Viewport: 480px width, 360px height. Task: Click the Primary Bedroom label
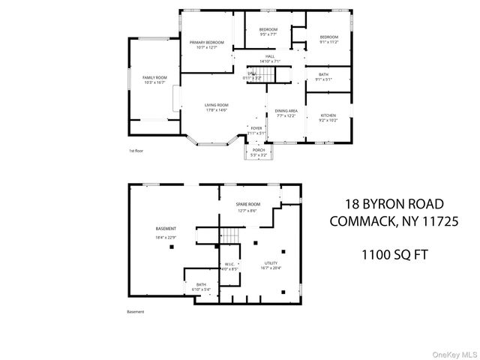click(x=208, y=43)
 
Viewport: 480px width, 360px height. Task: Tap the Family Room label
click(x=154, y=78)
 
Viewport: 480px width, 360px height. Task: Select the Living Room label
click(x=217, y=105)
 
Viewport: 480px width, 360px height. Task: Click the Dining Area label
click(x=286, y=110)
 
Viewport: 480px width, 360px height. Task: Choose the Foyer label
click(x=256, y=128)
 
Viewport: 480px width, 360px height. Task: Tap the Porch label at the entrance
click(x=258, y=150)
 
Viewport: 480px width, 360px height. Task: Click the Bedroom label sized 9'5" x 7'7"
click(x=269, y=31)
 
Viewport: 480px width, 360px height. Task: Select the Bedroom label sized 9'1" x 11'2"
click(x=328, y=37)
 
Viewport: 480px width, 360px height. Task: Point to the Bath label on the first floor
click(x=324, y=75)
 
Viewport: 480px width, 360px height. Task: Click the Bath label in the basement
click(x=202, y=285)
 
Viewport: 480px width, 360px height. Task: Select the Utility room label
click(x=270, y=264)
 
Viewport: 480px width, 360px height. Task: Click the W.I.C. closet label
click(x=230, y=265)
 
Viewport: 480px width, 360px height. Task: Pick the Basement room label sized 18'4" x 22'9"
click(x=166, y=229)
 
